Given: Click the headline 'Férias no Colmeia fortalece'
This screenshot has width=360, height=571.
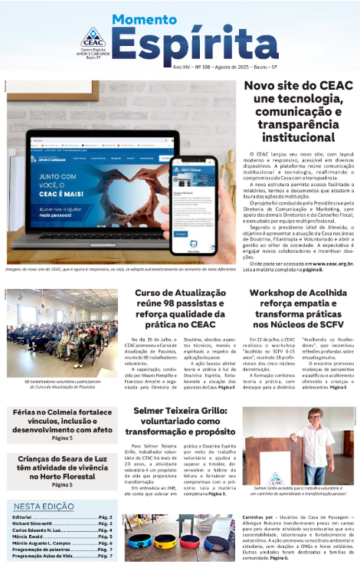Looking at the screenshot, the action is pyautogui.click(x=62, y=412).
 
